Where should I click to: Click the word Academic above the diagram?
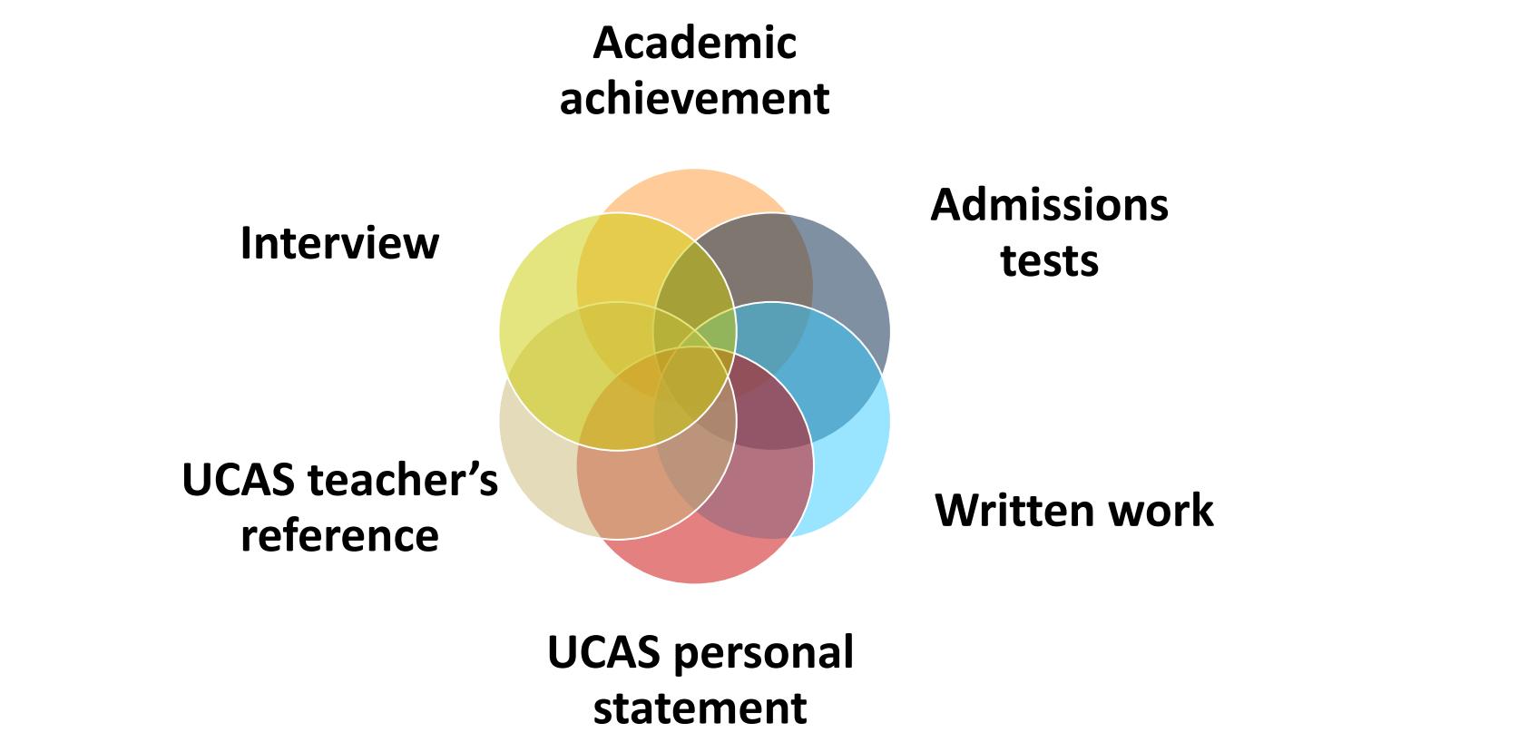click(x=694, y=44)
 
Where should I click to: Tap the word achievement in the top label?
click(x=694, y=99)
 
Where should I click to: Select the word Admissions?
click(x=1049, y=205)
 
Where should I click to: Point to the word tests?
click(x=1049, y=260)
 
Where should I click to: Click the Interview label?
click(x=339, y=243)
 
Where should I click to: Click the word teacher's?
click(x=405, y=480)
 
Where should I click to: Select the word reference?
click(x=339, y=535)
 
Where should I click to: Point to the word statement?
click(x=700, y=708)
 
